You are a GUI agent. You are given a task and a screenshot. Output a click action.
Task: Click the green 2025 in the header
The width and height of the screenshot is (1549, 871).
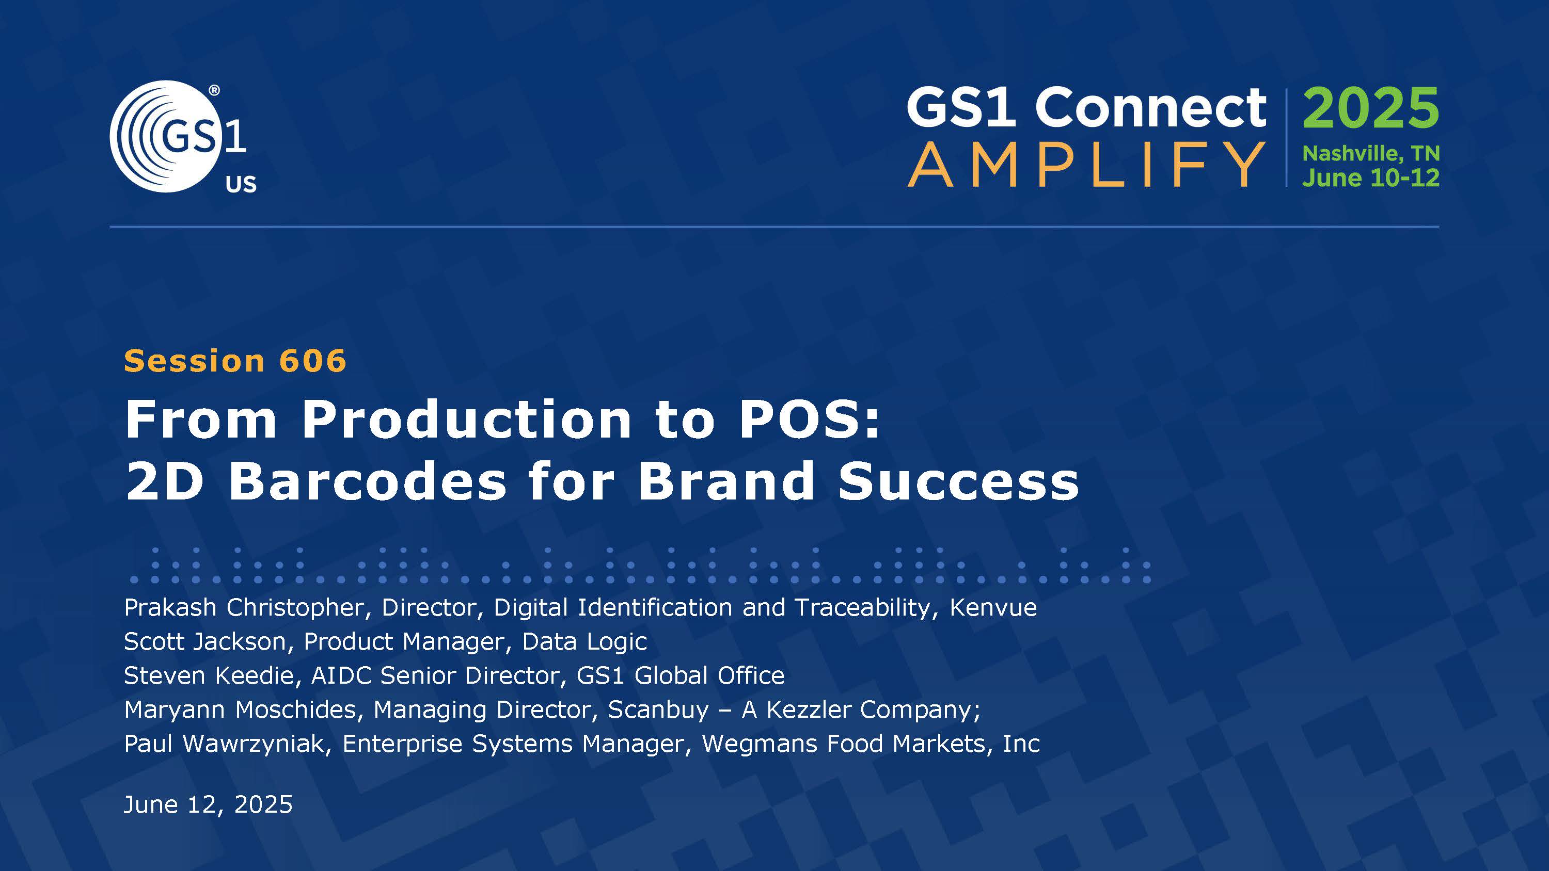(1370, 108)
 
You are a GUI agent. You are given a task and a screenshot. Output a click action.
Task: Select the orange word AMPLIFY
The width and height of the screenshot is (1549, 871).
(1086, 165)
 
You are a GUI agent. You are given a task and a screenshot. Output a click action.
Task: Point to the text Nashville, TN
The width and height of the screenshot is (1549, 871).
(1370, 154)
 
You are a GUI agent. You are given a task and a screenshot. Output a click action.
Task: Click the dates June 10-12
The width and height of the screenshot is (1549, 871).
(1370, 179)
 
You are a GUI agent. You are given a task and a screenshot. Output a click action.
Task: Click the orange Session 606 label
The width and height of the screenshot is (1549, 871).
(235, 361)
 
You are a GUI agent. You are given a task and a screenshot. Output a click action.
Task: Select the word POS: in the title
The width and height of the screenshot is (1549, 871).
(809, 419)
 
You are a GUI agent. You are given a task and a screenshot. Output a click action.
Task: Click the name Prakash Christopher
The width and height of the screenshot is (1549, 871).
(244, 608)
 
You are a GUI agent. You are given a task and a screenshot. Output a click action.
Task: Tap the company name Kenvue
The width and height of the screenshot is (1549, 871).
(993, 608)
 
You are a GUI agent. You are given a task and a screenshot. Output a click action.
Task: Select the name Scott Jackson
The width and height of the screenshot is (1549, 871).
(204, 642)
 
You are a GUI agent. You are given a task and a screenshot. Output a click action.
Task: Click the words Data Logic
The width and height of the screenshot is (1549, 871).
(584, 642)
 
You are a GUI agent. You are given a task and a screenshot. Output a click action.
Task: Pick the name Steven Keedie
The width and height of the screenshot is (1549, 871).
(208, 675)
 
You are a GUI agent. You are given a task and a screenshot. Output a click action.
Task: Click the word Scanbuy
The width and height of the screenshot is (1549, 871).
(658, 710)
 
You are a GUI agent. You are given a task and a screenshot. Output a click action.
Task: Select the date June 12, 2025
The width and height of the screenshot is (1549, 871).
(208, 805)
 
